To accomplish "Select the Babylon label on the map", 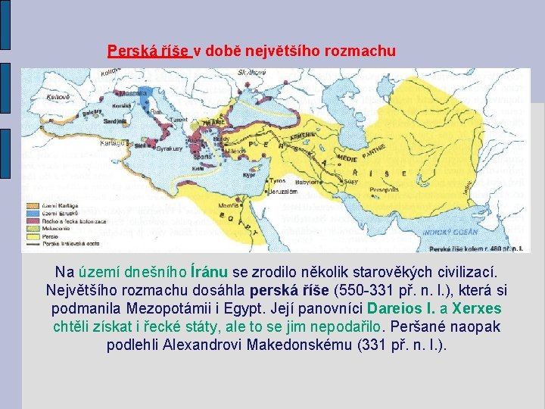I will coord(307,182).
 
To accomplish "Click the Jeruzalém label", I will coord(282,192).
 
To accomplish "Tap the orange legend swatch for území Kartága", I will coord(31,205).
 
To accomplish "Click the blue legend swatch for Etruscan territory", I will coord(31,213).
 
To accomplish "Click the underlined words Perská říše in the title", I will coord(148,52).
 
